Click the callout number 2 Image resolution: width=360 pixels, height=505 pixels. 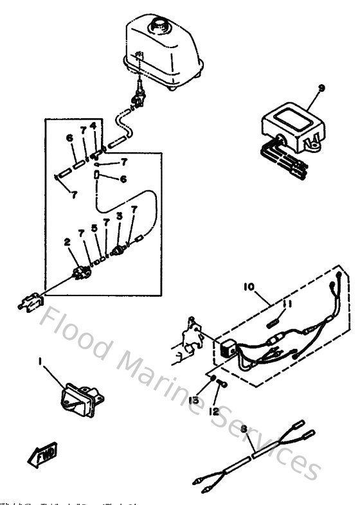66,242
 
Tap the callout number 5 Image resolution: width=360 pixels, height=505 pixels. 94,227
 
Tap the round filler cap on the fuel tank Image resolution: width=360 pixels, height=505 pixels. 157,27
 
